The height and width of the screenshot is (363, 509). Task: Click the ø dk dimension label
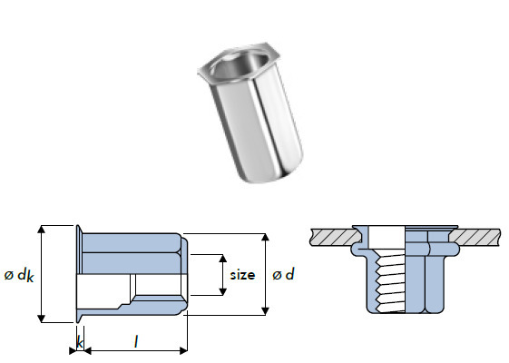pyautogui.click(x=17, y=274)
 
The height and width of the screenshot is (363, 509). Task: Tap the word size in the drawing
pyautogui.click(x=242, y=274)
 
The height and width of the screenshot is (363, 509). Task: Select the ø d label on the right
pyautogui.click(x=283, y=274)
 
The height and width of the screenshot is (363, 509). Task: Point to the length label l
pyautogui.click(x=135, y=341)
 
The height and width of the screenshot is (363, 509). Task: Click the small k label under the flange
pyautogui.click(x=80, y=342)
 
